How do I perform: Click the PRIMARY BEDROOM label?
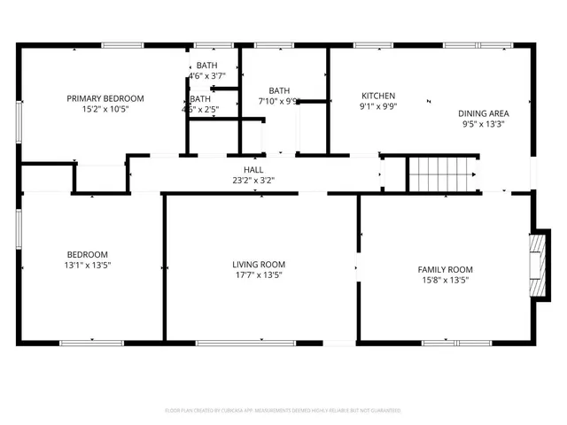click(x=105, y=98)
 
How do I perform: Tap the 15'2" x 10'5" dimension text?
click(x=105, y=110)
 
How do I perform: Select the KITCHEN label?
click(x=378, y=96)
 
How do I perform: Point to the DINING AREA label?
click(x=484, y=113)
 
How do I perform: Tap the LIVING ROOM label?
click(x=259, y=264)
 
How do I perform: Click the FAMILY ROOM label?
click(x=446, y=269)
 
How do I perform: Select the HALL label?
click(x=253, y=169)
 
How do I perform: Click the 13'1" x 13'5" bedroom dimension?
click(x=87, y=265)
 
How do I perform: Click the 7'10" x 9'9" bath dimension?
click(x=279, y=101)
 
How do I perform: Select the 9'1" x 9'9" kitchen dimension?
click(x=378, y=107)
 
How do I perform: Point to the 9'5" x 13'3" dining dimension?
click(x=483, y=125)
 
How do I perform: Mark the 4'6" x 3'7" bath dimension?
click(x=206, y=77)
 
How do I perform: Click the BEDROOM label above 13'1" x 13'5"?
click(x=88, y=253)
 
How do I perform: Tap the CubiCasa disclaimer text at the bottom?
click(x=283, y=411)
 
